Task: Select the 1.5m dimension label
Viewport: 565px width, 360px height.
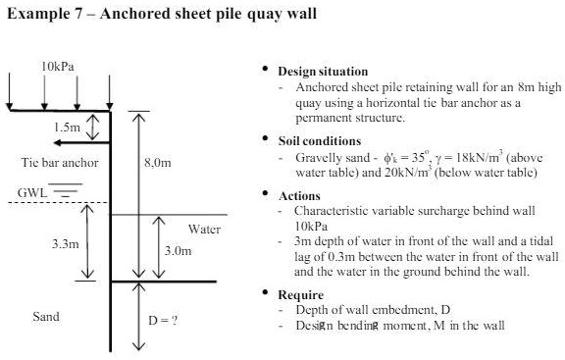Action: (68, 128)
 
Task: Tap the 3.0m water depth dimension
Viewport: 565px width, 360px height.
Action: (177, 251)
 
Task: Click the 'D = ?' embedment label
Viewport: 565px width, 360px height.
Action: (162, 321)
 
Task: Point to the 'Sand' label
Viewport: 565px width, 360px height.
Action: (44, 316)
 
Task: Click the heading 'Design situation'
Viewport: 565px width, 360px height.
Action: (323, 72)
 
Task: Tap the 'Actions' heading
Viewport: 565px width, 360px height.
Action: (299, 196)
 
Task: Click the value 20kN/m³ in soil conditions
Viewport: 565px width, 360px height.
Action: (418, 173)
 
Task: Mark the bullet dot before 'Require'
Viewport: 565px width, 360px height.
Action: (264, 293)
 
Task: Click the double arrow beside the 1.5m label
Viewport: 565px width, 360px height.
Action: (93, 127)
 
